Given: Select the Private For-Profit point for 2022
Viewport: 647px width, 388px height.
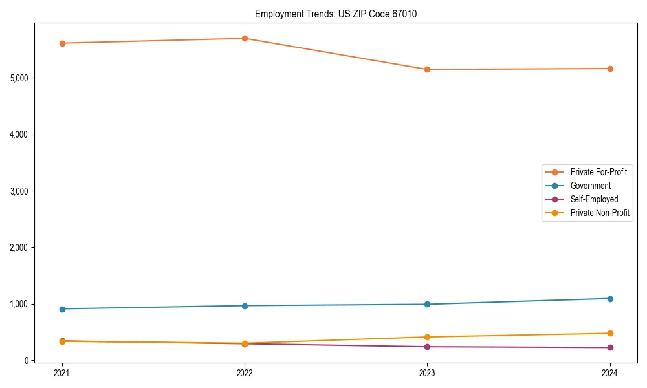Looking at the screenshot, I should click(x=245, y=38).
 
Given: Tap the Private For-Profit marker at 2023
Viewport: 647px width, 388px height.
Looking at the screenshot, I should click(x=427, y=69).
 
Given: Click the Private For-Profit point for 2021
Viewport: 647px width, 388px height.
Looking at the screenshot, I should click(x=62, y=43).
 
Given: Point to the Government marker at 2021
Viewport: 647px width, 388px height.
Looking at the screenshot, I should click(x=62, y=309).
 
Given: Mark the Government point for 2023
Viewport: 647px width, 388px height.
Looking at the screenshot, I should click(x=427, y=304).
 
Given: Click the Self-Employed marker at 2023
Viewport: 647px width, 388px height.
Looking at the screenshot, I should click(x=427, y=347).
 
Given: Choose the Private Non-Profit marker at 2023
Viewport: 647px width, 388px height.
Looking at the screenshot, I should click(x=427, y=337).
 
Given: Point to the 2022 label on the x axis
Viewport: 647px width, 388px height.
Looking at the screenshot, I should click(x=245, y=372).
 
